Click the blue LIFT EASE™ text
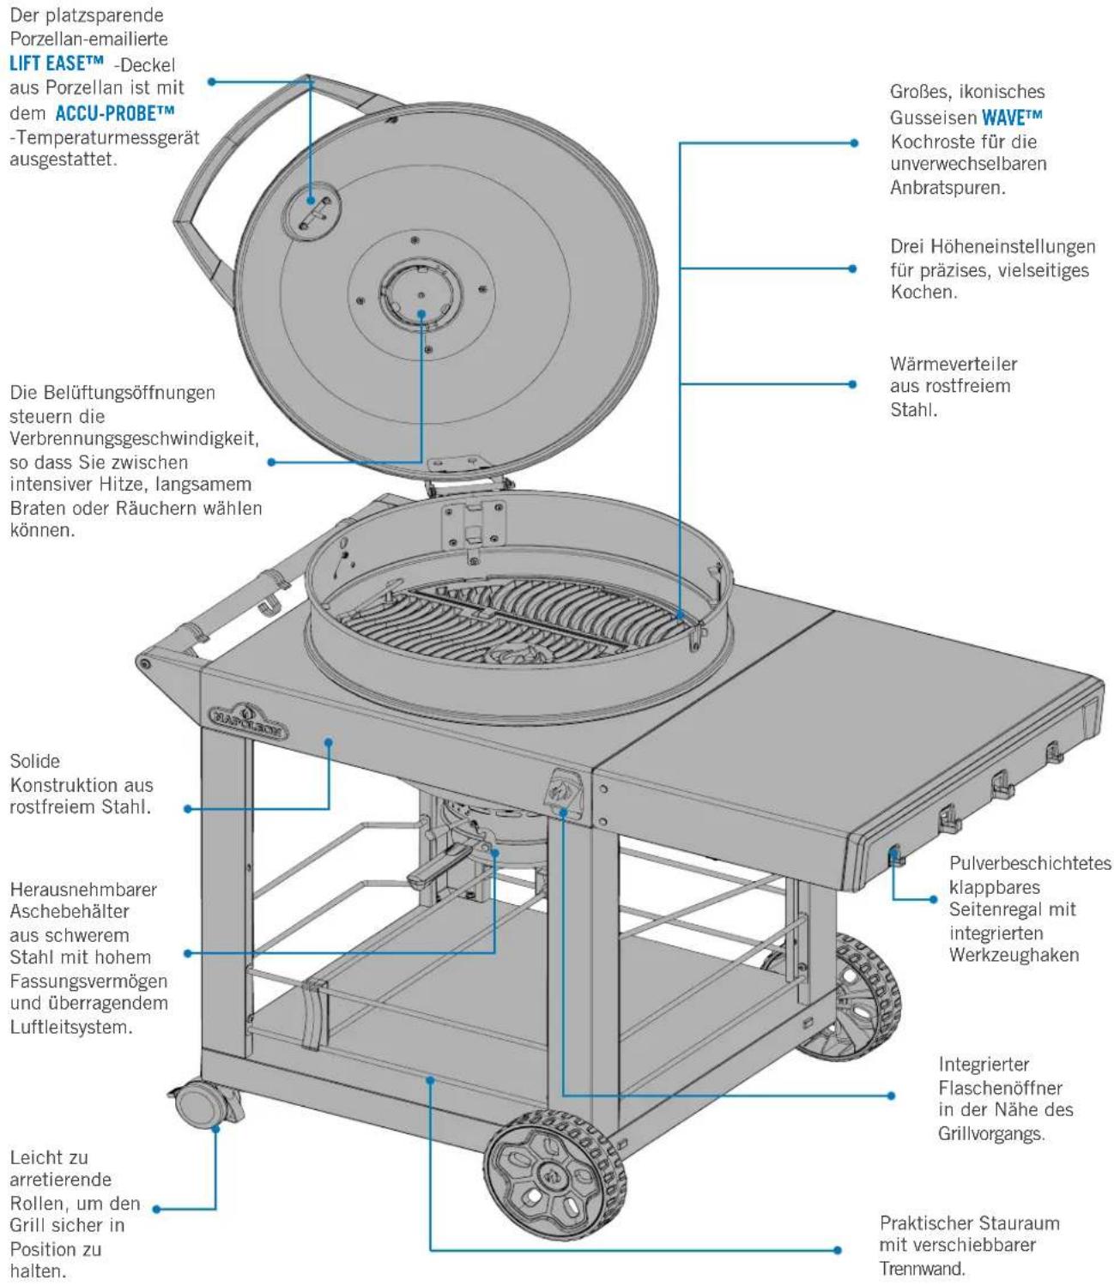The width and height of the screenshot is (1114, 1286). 57,63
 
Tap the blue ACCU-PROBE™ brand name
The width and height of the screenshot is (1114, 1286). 115,113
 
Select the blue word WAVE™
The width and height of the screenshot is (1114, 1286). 1012,117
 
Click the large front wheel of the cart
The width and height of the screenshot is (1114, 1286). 556,1174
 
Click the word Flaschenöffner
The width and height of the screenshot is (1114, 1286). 1000,1088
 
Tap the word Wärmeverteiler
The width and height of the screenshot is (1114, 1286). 954,364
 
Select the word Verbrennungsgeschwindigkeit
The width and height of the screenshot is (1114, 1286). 134,439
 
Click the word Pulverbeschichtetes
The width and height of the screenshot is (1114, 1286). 1030,863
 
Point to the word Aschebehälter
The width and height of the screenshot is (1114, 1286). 70,911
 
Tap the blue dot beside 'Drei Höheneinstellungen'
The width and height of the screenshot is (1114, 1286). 852,269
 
